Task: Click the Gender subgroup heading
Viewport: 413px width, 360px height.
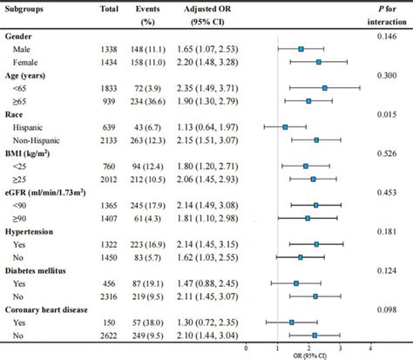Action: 20,37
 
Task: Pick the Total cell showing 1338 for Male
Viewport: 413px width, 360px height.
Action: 110,50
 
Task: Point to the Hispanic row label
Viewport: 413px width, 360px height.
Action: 32,126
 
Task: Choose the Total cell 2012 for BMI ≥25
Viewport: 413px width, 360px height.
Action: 110,178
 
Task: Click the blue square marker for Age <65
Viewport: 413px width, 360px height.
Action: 325,88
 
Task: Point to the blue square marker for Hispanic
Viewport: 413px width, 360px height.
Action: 285,126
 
